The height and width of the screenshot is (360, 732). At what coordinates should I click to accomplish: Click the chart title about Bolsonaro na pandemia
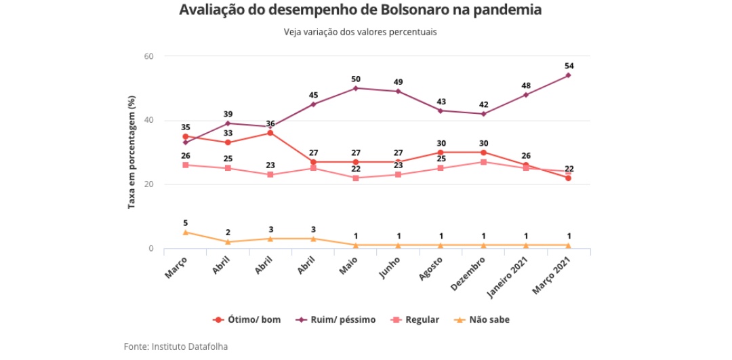click(x=361, y=11)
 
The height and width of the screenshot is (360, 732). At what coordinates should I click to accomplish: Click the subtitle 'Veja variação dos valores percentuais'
click(x=360, y=32)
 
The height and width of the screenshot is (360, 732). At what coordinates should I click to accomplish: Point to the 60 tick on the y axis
click(x=150, y=56)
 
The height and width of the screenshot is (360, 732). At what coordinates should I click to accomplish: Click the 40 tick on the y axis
click(x=150, y=121)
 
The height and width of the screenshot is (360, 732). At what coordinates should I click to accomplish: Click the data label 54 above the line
click(x=568, y=66)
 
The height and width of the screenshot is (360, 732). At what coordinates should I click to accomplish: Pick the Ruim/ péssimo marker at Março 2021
click(x=568, y=75)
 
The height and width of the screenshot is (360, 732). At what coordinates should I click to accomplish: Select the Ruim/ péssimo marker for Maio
click(x=356, y=88)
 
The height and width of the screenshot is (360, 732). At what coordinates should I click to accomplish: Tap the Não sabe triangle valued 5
click(x=185, y=233)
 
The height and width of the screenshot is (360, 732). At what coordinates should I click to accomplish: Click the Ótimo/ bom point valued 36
click(x=270, y=133)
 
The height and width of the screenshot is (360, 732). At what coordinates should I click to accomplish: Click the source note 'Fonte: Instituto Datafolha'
click(x=176, y=346)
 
